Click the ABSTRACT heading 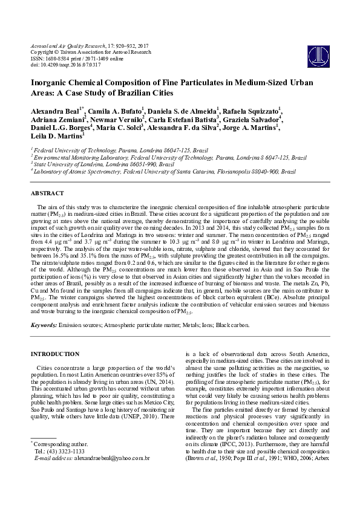coord(47,193)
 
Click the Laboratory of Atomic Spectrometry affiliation coord(163,171)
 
